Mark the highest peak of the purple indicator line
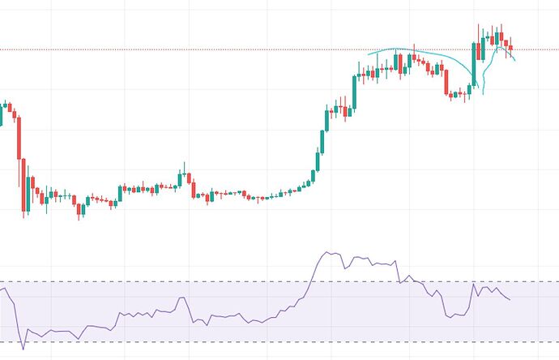click(328, 252)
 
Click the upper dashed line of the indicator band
click(162, 282)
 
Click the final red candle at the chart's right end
click(510, 49)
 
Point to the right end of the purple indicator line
click(510, 300)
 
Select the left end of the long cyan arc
click(369, 55)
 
